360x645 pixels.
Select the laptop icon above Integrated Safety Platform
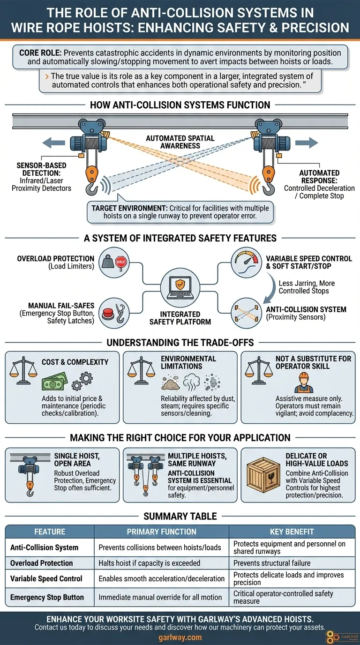point(180,288)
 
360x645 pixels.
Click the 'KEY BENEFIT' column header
point(292,532)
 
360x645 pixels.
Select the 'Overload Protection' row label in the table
point(42,563)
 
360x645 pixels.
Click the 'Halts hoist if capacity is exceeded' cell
point(150,563)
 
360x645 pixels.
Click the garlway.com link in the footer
point(180,637)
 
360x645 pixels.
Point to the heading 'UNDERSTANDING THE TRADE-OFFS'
point(180,342)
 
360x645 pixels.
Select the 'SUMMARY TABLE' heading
point(180,516)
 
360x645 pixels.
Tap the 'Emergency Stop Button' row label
point(47,597)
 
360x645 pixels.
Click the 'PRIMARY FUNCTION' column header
point(161,532)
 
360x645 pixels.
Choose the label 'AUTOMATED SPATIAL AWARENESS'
point(180,142)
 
